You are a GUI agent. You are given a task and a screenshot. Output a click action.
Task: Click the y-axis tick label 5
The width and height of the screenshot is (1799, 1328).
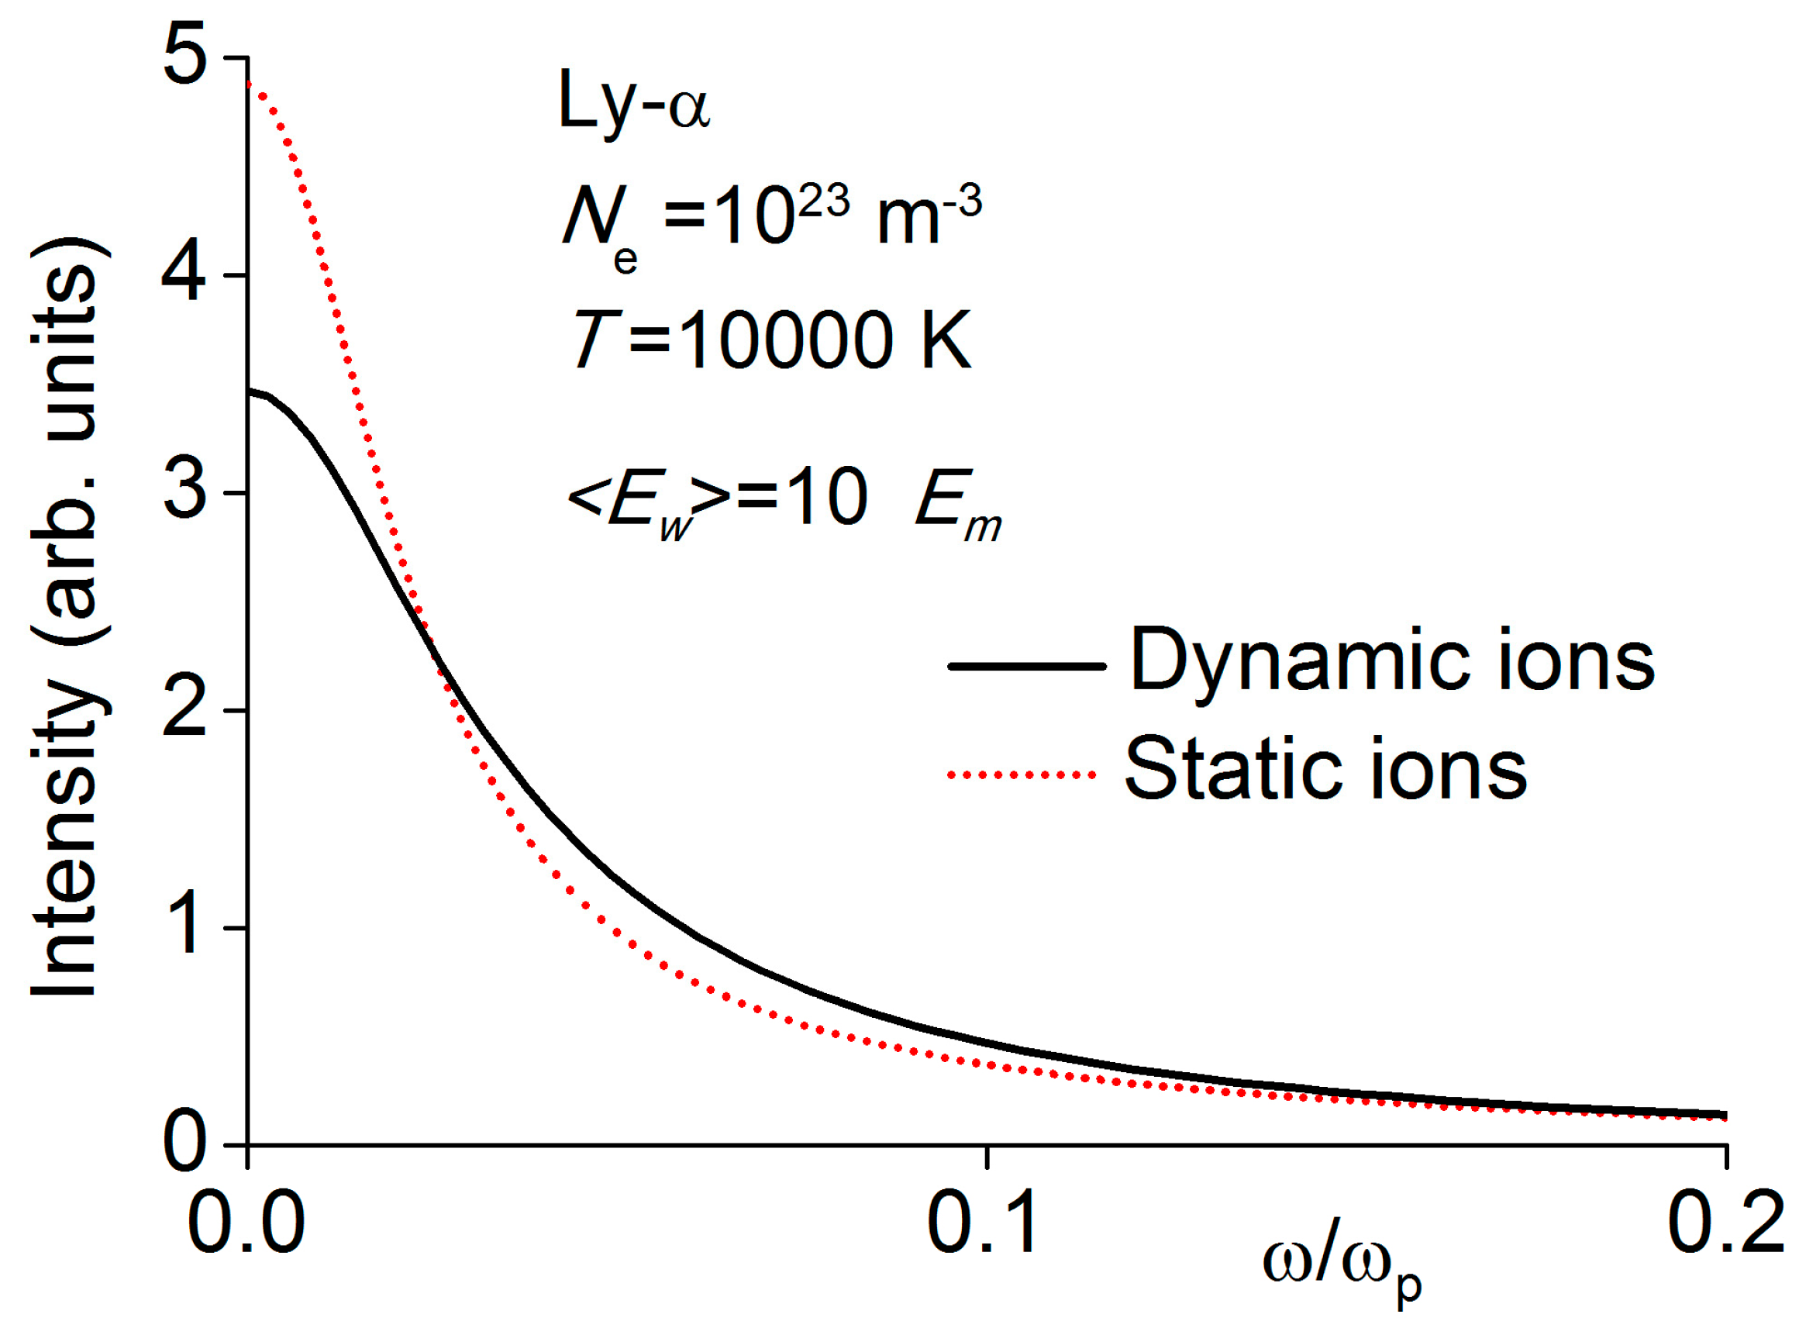coord(185,57)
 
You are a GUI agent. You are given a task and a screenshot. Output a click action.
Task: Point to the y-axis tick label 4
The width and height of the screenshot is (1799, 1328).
coord(184,276)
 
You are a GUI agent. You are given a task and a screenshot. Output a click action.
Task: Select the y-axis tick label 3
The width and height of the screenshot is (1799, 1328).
coord(185,492)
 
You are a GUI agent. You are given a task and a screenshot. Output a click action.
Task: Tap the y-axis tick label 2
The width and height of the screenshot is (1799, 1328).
coord(185,710)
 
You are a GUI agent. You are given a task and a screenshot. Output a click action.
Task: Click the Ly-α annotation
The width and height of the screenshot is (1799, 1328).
coord(634,103)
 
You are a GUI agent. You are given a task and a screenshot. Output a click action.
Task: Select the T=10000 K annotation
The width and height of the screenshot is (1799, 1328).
coord(771,341)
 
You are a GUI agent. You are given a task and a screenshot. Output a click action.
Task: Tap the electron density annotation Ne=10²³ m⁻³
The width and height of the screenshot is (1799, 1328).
coord(771,221)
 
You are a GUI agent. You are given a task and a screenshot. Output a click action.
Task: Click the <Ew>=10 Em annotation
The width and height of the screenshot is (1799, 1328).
coord(784,502)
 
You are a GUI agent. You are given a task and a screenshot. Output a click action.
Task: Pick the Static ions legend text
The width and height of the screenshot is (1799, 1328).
coord(1325,770)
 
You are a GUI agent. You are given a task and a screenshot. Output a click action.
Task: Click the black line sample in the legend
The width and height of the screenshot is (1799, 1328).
coord(1027,666)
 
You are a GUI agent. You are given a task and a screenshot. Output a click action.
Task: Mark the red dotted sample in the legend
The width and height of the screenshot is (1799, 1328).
coord(1022,775)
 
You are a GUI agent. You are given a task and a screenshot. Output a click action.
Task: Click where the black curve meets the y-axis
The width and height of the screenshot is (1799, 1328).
coord(248,392)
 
